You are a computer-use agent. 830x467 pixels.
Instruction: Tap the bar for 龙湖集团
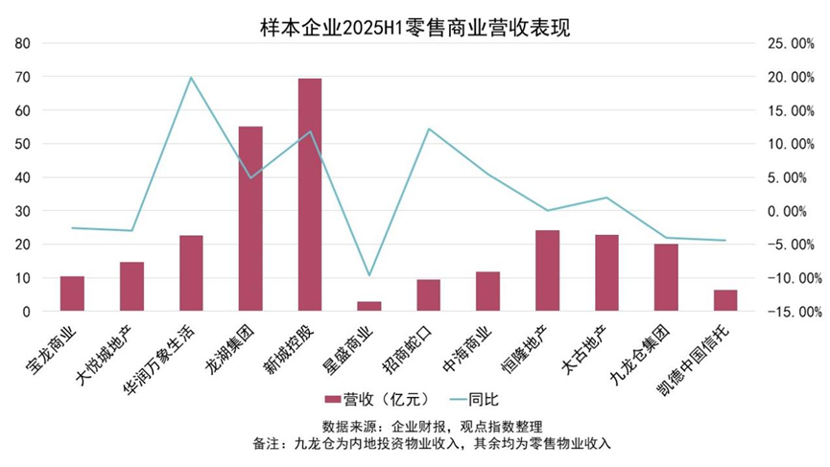(x=250, y=219)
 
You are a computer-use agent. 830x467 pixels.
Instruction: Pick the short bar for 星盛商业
(x=369, y=306)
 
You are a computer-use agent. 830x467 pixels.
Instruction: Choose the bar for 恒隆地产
(x=547, y=270)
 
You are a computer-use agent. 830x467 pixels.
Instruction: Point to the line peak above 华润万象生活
(x=191, y=78)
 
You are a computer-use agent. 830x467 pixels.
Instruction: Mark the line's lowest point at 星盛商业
(x=369, y=275)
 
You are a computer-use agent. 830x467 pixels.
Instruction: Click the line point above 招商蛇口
(x=429, y=128)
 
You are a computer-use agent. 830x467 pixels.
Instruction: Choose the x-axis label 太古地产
(x=586, y=350)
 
